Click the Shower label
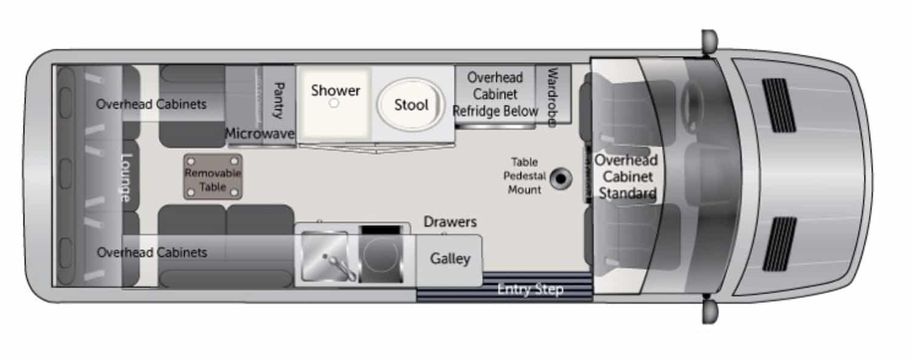[x=336, y=91]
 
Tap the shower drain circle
[x=334, y=104]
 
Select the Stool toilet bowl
[x=411, y=105]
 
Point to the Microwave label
[x=260, y=134]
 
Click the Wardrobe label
[x=553, y=97]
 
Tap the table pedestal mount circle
[x=560, y=179]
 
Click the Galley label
[x=451, y=258]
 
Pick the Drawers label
[x=450, y=223]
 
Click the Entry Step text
[x=530, y=289]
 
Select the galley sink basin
[x=325, y=256]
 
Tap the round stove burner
[x=381, y=259]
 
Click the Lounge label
[x=126, y=177]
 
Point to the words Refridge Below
[x=496, y=111]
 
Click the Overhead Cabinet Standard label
[x=626, y=177]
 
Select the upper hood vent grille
[x=779, y=105]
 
